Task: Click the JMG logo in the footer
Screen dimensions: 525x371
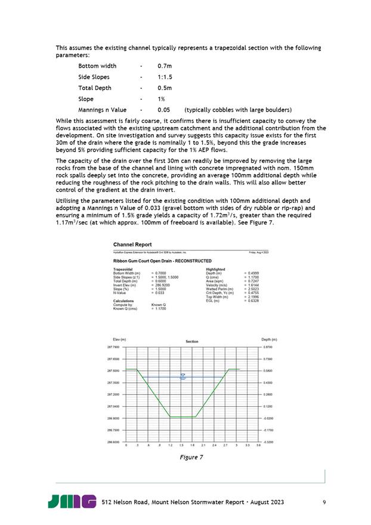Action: point(72,502)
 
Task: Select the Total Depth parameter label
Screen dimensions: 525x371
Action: point(95,88)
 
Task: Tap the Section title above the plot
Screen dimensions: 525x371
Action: point(191,341)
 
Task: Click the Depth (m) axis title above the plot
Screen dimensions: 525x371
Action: point(269,339)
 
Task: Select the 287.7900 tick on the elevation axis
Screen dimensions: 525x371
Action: point(113,347)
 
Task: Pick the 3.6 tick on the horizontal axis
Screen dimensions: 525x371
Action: point(258,446)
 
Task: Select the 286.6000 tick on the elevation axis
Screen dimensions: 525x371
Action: point(113,441)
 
